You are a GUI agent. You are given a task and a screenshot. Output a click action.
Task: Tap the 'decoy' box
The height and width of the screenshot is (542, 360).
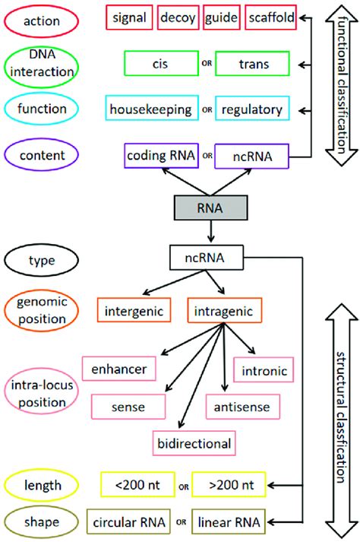point(178,17)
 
